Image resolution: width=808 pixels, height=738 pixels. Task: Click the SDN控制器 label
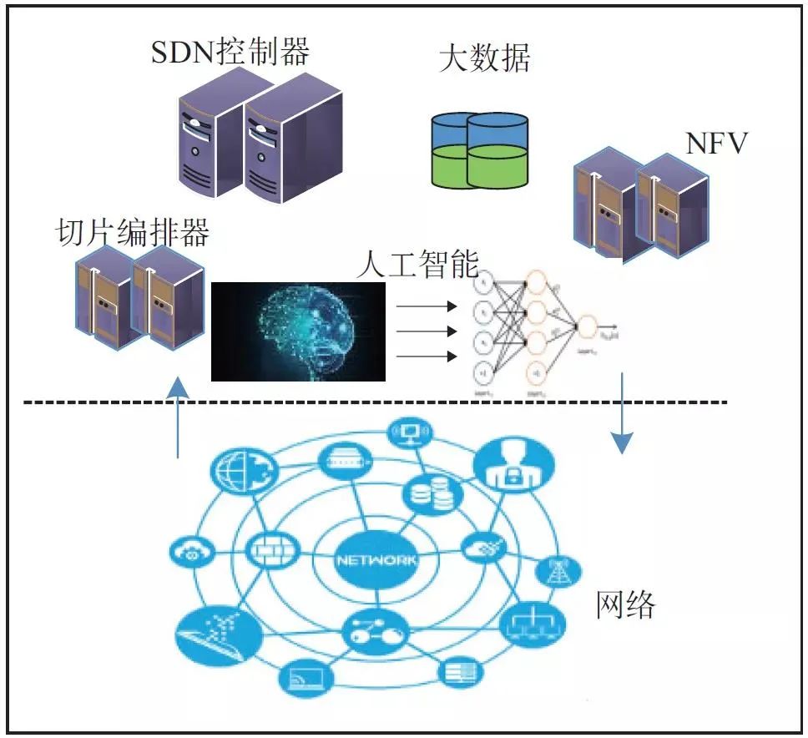point(230,52)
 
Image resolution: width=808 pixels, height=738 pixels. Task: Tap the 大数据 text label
point(484,58)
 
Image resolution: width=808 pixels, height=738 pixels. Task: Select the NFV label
point(716,144)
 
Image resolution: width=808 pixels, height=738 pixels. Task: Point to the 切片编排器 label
point(132,232)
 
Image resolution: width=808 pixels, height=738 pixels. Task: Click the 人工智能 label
point(417,265)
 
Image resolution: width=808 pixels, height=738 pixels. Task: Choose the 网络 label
point(626,604)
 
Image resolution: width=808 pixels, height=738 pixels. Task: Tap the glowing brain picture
point(298,331)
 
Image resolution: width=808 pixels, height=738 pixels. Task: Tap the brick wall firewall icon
point(267,548)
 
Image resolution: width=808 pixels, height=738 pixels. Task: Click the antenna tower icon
point(555,572)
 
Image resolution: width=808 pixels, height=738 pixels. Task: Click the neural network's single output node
point(587,326)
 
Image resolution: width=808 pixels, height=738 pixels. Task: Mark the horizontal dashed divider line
point(376,403)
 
